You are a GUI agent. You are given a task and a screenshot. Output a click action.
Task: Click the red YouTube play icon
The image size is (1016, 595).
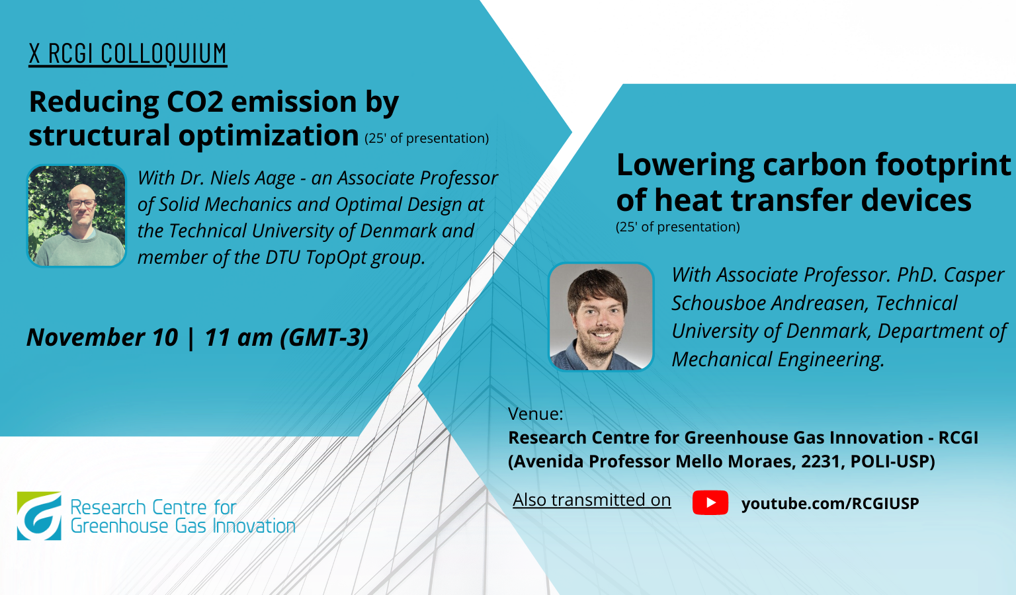coord(710,502)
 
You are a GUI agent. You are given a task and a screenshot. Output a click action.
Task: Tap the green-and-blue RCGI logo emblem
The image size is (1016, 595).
coord(39,516)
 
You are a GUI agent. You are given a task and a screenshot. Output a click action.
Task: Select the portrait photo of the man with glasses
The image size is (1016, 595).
coord(77,216)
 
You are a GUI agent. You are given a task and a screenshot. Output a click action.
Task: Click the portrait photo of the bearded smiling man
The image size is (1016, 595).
coord(601,317)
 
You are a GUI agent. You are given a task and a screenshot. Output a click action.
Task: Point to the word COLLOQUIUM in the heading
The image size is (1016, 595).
coord(163,54)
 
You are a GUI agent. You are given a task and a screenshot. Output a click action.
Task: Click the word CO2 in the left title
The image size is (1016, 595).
coord(195,102)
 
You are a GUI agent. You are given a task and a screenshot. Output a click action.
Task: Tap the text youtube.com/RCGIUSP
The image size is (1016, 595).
coord(830,504)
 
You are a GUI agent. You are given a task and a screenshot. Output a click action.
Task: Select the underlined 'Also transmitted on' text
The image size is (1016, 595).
coord(591,500)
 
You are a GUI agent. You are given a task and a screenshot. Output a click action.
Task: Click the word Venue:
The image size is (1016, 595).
coord(536,414)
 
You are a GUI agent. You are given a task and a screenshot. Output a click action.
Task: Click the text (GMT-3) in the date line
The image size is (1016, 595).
coord(324,337)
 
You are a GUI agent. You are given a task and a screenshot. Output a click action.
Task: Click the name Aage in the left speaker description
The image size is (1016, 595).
coord(275,178)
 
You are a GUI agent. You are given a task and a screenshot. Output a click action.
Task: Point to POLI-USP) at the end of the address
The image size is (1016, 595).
coord(892,461)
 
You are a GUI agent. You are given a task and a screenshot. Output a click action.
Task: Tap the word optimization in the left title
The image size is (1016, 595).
coord(269,136)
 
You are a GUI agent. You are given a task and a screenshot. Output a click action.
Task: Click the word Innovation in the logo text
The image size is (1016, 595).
coord(254,526)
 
